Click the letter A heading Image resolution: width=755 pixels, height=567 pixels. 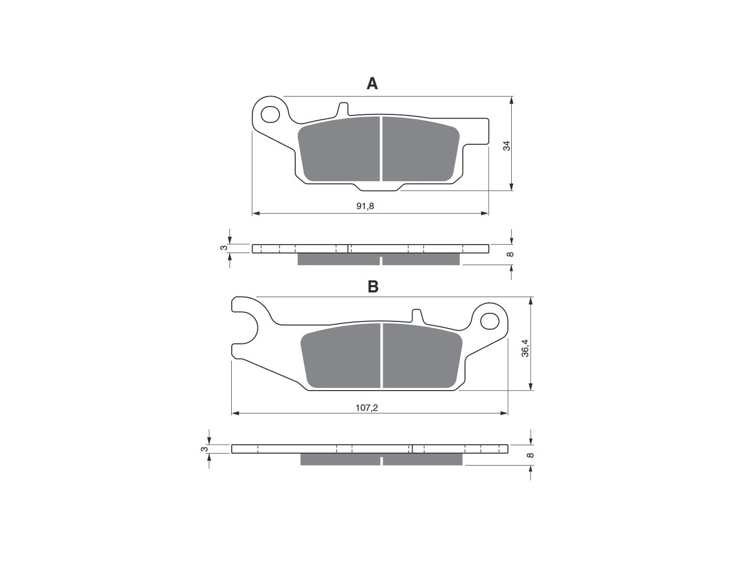(x=372, y=83)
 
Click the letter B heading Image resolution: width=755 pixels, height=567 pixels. (x=373, y=287)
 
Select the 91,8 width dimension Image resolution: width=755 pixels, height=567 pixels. (x=365, y=206)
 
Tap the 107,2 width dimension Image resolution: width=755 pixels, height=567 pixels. (x=366, y=407)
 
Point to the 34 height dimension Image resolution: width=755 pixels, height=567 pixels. (x=506, y=146)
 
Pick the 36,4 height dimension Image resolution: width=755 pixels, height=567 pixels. (x=525, y=348)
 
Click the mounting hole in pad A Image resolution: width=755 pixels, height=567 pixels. (x=270, y=114)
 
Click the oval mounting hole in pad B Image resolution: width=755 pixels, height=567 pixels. (x=490, y=321)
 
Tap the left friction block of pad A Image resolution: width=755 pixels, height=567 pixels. (x=339, y=149)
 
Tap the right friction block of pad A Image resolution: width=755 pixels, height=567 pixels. (x=421, y=149)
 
